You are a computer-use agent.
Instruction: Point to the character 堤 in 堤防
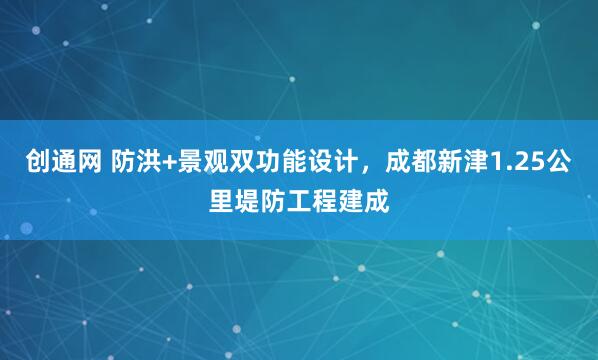click(243, 202)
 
